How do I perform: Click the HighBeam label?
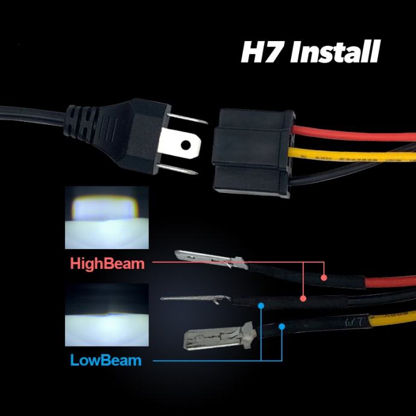point(107,263)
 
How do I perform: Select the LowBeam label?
point(106,361)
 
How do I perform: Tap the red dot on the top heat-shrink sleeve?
point(324,278)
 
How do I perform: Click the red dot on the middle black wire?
point(303,298)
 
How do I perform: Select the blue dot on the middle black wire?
point(260,306)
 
